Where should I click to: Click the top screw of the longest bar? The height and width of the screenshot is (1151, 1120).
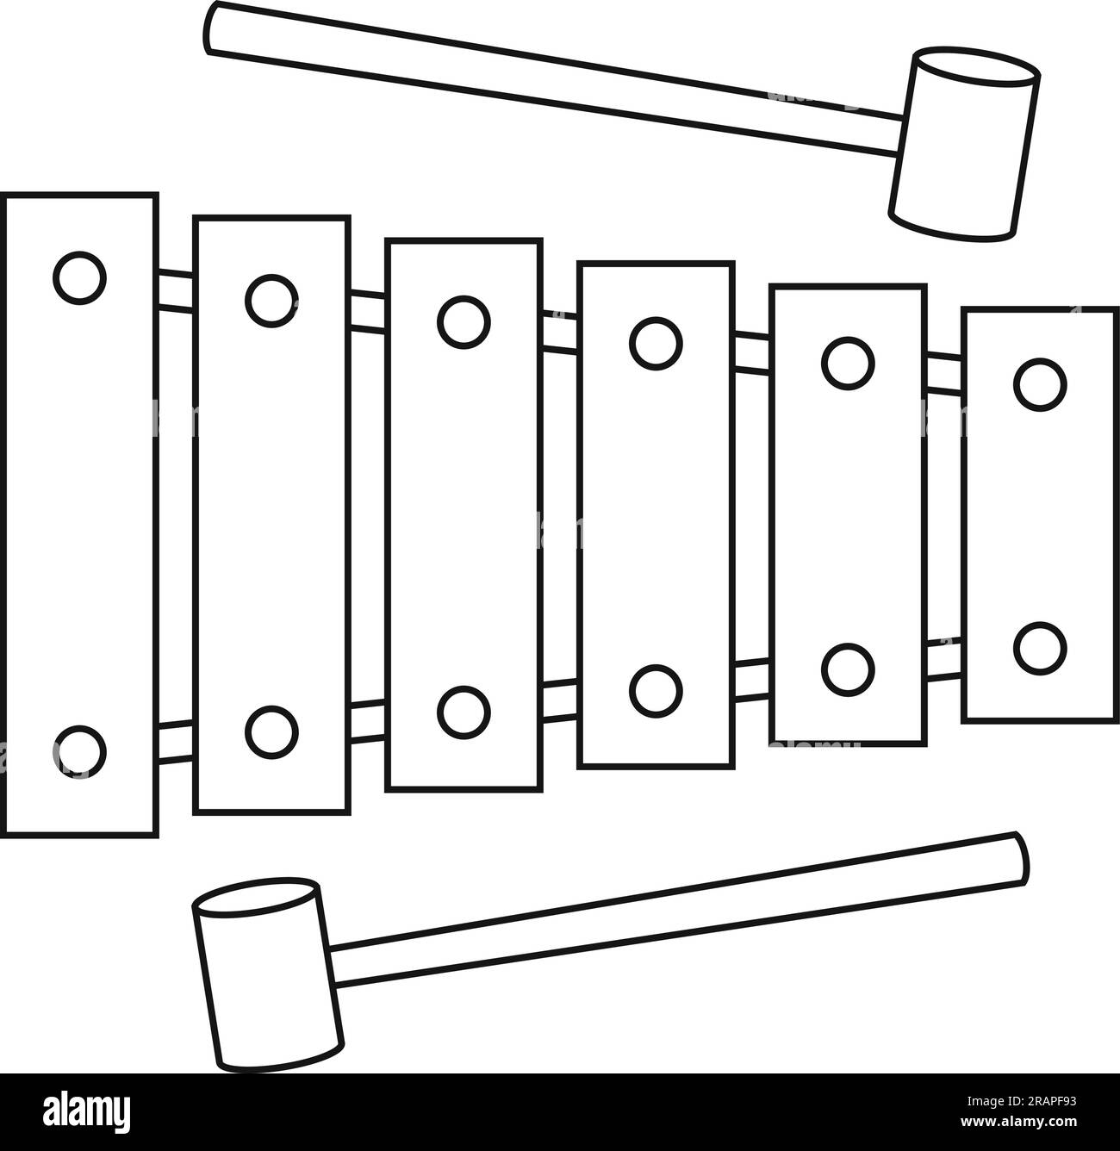click(79, 277)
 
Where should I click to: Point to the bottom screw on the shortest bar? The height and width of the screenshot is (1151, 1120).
click(1040, 648)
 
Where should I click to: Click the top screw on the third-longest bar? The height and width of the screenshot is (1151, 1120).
click(464, 321)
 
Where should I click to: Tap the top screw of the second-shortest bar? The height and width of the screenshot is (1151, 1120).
click(848, 362)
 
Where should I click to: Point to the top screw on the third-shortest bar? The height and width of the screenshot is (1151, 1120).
click(656, 342)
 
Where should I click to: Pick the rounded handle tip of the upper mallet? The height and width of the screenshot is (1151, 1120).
click(213, 28)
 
